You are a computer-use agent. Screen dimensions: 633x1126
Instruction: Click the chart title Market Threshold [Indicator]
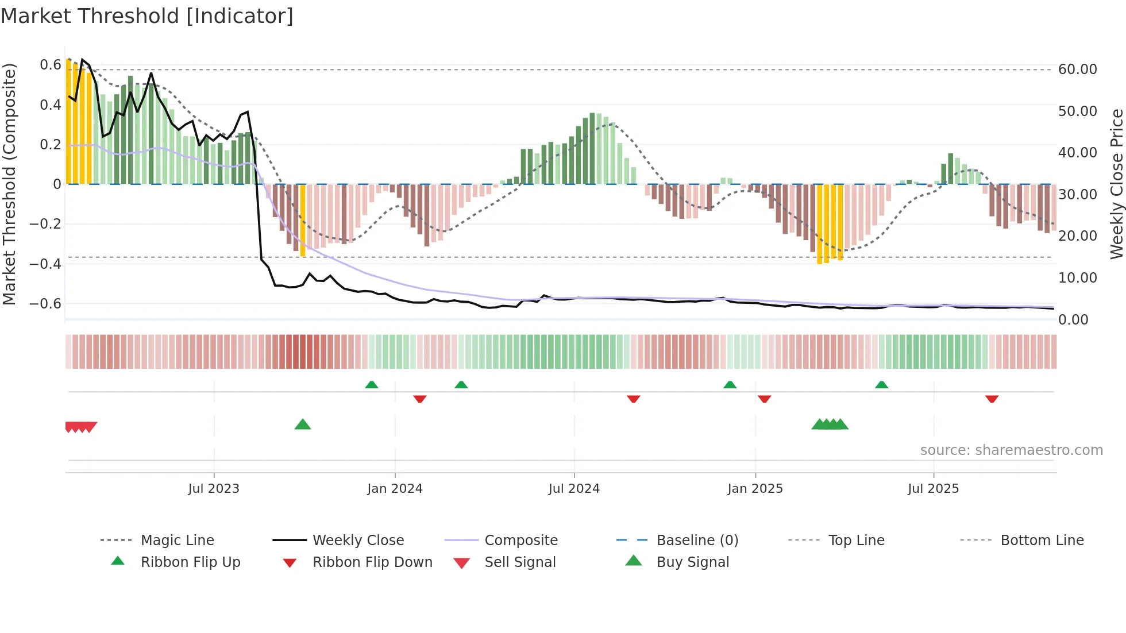(x=147, y=16)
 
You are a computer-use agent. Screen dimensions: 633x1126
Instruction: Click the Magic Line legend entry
(x=177, y=541)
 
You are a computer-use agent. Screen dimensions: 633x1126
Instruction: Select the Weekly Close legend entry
(x=358, y=541)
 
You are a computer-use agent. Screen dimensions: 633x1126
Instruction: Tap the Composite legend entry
(x=520, y=541)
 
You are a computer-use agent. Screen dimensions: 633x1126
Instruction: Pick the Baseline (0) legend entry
(x=697, y=541)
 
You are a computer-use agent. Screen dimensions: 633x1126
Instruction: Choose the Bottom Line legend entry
(x=1042, y=541)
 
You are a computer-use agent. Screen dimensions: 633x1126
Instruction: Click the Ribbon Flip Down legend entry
(x=372, y=562)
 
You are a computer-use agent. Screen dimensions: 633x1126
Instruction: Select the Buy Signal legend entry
(x=692, y=562)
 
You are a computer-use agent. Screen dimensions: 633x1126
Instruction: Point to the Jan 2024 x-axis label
(x=395, y=489)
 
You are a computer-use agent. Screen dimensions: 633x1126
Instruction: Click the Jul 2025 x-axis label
(x=933, y=489)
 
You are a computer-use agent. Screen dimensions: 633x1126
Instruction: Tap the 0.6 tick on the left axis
(x=50, y=65)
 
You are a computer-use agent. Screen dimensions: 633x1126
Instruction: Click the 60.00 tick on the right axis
(x=1077, y=70)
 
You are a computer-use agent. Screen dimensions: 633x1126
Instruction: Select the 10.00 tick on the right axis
(x=1077, y=278)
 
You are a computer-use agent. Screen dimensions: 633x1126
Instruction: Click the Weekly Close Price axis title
(x=1116, y=184)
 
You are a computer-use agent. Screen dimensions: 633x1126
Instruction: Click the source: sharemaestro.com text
(x=1011, y=450)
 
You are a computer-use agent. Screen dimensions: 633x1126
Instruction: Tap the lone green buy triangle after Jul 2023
(x=303, y=425)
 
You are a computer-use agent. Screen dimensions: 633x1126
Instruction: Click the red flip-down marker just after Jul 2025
(x=992, y=399)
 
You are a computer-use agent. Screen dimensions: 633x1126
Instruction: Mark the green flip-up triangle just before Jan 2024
(x=372, y=385)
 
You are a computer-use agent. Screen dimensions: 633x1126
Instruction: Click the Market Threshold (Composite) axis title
(x=9, y=184)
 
